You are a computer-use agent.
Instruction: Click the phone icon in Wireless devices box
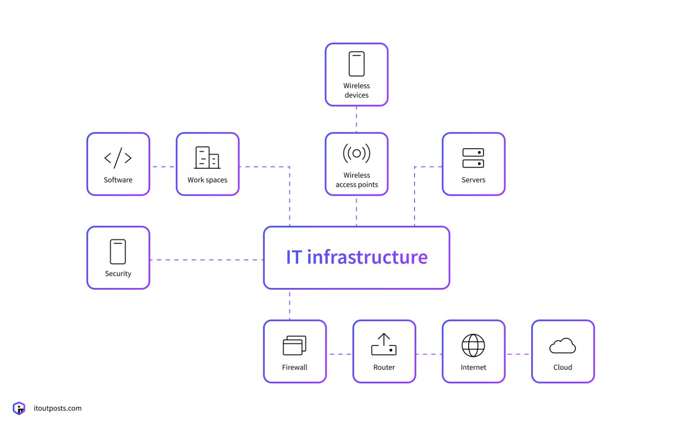356,64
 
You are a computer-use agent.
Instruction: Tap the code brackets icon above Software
118,158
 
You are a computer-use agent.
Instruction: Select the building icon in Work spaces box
207,158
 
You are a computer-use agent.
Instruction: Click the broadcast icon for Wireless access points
356,154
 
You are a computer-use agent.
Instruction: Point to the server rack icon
473,158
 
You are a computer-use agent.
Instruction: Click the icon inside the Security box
118,252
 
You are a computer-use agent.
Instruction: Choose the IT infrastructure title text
356,257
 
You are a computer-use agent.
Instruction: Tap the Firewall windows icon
294,345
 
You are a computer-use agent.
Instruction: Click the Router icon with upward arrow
384,344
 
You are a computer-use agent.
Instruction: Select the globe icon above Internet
473,345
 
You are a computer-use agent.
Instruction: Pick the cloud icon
562,346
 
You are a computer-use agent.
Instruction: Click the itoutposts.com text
58,408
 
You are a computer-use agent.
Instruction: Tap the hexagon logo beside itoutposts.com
19,408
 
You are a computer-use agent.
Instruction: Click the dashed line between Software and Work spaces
163,167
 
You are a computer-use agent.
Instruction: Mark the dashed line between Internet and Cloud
518,354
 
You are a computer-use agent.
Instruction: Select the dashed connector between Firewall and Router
340,354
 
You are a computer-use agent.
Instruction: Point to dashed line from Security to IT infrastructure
207,260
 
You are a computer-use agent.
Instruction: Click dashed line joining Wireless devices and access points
356,119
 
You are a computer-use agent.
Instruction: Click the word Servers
473,180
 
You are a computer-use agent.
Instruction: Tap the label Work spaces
207,180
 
